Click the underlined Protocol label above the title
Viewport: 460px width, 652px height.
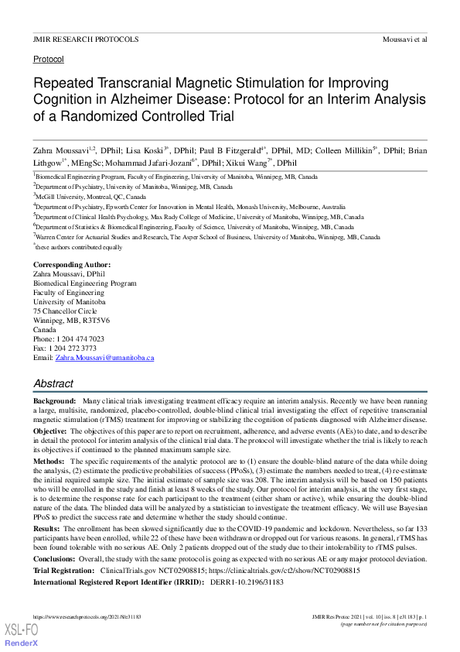click(x=48, y=59)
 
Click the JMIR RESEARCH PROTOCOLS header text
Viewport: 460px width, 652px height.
click(x=86, y=38)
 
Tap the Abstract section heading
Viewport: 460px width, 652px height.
click(x=53, y=383)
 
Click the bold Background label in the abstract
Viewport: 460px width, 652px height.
click(x=54, y=400)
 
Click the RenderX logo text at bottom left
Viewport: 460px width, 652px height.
click(x=21, y=643)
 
